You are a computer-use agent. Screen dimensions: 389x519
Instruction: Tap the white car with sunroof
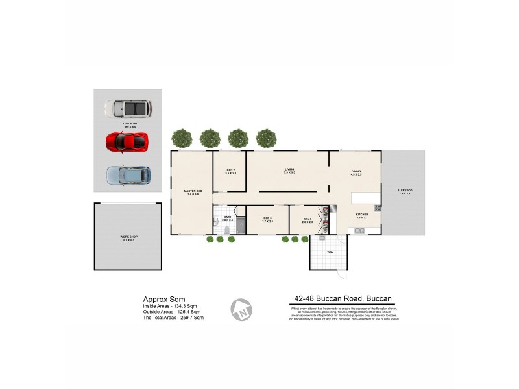(x=127, y=108)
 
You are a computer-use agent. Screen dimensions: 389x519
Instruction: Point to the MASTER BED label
(x=193, y=191)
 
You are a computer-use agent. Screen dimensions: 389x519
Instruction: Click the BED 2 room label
(x=230, y=171)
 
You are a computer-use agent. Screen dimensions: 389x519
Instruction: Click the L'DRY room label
(x=330, y=252)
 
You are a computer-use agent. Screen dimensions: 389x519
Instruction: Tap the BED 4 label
(x=308, y=220)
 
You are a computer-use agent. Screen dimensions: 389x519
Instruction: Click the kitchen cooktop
(x=376, y=208)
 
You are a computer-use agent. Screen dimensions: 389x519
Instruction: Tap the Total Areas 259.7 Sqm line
(x=173, y=318)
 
